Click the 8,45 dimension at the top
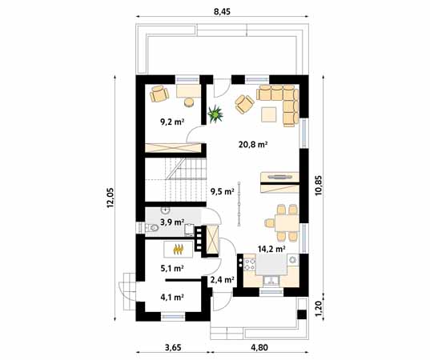point(223,10)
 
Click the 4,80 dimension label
point(259,349)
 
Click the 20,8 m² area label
point(252,145)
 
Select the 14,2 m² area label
point(271,249)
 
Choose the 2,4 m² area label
point(222,280)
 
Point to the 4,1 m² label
point(172,298)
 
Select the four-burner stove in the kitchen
point(247,262)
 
